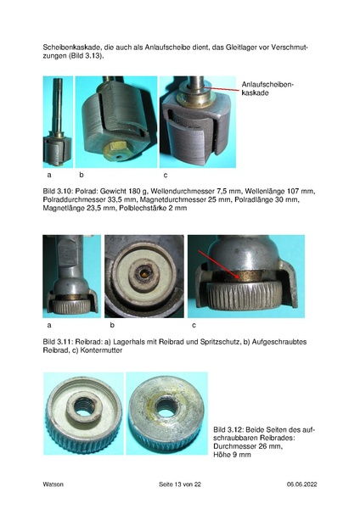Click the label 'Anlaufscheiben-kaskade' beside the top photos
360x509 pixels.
click(267, 88)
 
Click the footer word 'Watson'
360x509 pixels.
click(53, 484)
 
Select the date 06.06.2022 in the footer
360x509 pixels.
click(302, 484)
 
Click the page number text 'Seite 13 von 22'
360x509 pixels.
click(180, 484)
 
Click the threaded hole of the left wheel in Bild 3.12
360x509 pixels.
click(83, 406)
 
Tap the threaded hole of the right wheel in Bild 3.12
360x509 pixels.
click(165, 407)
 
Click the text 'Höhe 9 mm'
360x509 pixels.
click(232, 455)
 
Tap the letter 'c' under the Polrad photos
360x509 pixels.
click(166, 176)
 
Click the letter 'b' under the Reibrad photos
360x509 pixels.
click(112, 325)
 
